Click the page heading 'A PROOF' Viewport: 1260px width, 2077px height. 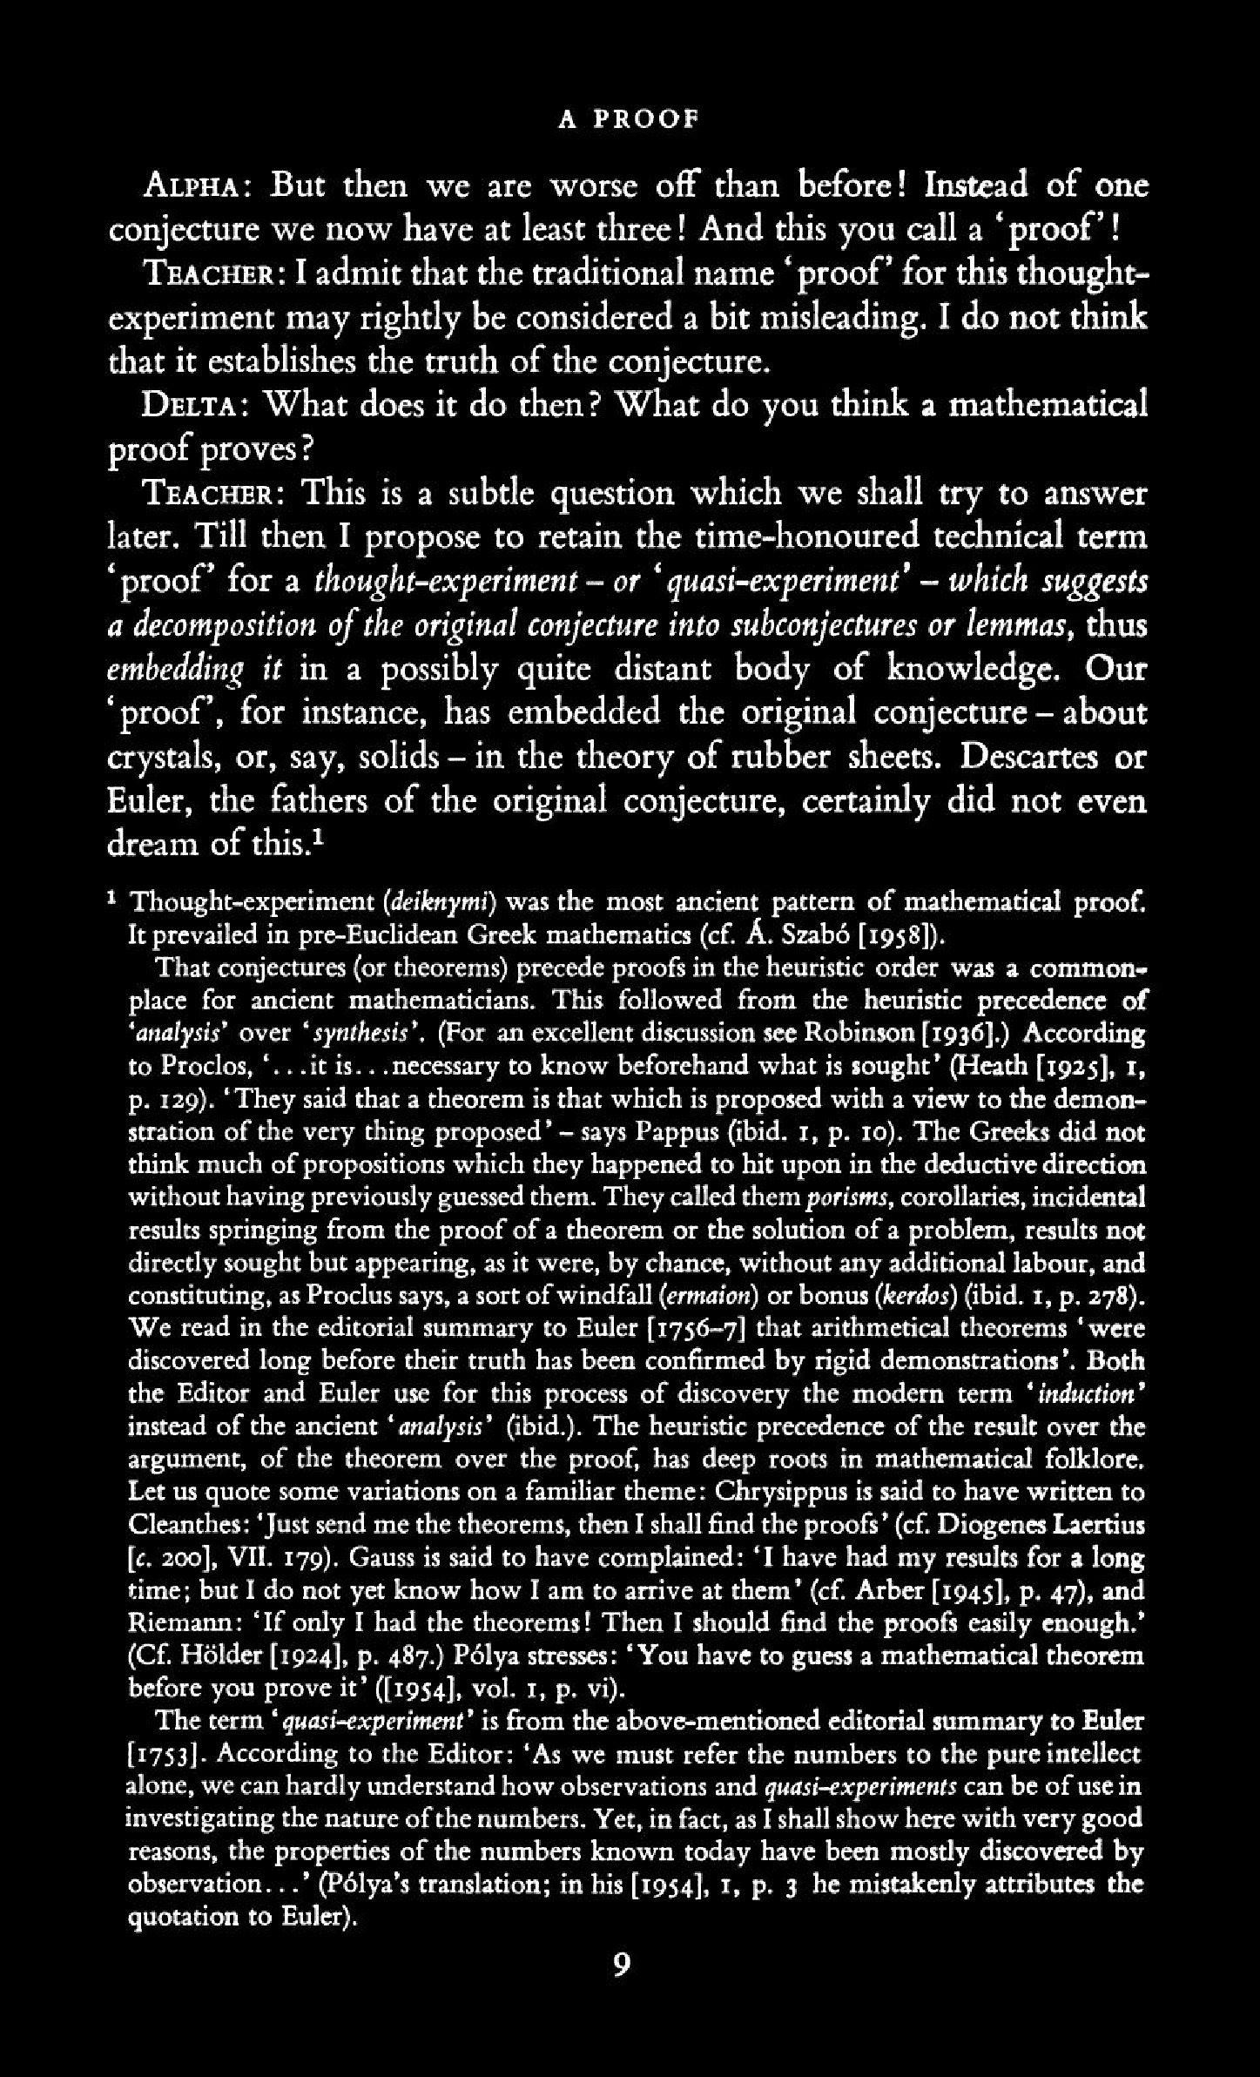tap(629, 119)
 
